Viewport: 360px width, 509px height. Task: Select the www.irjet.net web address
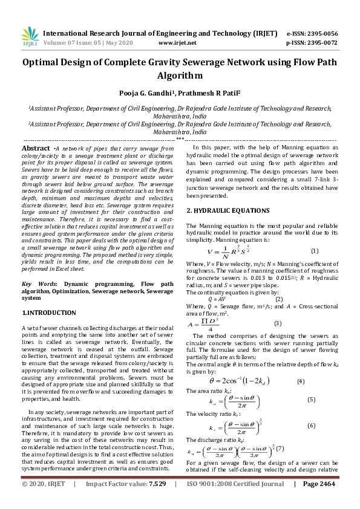pyautogui.click(x=177, y=44)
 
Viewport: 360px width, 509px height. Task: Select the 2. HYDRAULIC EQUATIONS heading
pyautogui.click(x=227, y=210)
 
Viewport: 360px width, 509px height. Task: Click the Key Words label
pyautogui.click(x=36, y=284)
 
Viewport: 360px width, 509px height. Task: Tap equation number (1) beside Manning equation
pyautogui.click(x=315, y=251)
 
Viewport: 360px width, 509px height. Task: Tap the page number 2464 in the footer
pyautogui.click(x=323, y=501)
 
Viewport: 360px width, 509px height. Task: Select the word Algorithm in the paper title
pyautogui.click(x=180, y=76)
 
